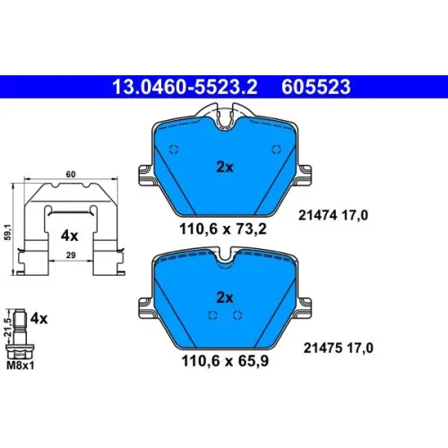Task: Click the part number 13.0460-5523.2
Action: pyautogui.click(x=185, y=87)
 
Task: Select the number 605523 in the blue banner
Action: pyautogui.click(x=316, y=87)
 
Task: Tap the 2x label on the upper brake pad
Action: pyautogui.click(x=225, y=168)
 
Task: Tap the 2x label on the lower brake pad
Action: pyautogui.click(x=225, y=297)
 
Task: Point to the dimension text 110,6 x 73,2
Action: pyautogui.click(x=223, y=229)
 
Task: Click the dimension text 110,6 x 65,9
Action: pyautogui.click(x=225, y=361)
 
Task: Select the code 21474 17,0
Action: pyautogui.click(x=333, y=215)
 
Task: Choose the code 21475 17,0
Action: pyautogui.click(x=339, y=348)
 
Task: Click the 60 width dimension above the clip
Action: pyautogui.click(x=71, y=174)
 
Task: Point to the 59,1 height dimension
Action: pyautogui.click(x=8, y=232)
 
